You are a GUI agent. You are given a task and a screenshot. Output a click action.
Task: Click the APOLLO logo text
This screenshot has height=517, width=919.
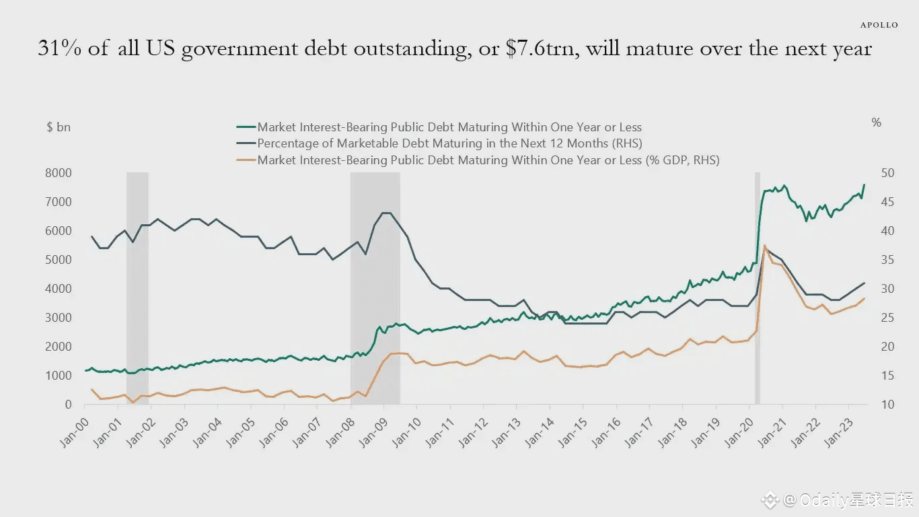pos(879,25)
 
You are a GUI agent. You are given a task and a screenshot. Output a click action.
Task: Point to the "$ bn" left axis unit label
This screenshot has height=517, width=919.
pos(59,127)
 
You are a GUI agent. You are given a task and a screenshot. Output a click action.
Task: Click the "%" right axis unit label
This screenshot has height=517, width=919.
pos(876,123)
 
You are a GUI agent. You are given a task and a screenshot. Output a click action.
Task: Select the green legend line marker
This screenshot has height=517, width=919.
pos(246,127)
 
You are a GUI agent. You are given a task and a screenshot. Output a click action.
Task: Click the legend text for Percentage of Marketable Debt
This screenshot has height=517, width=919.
pos(449,143)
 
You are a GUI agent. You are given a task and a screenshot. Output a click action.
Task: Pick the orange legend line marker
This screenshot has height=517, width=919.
pos(246,160)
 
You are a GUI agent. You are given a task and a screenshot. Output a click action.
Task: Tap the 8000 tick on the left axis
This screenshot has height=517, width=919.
pos(60,173)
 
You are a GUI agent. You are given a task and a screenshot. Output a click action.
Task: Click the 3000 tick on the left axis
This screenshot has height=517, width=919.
pos(60,318)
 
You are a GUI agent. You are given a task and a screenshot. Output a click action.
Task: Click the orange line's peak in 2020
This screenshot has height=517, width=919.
pos(764,246)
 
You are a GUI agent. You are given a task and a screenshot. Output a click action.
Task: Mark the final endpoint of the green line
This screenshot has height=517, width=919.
pos(864,184)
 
